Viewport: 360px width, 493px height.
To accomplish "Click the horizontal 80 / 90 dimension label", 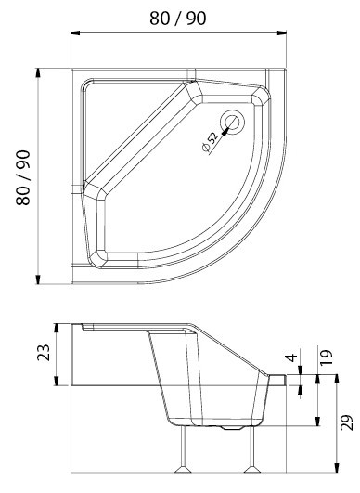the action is click(178, 19).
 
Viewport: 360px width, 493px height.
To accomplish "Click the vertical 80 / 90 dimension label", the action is click(23, 177).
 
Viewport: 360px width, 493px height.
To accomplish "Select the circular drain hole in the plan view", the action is click(233, 123).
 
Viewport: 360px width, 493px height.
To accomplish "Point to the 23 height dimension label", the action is click(44, 353).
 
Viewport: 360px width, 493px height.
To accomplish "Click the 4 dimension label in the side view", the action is click(291, 357).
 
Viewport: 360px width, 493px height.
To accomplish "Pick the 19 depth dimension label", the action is click(326, 357).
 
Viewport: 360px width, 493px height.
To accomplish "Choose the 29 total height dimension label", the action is click(347, 422).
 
